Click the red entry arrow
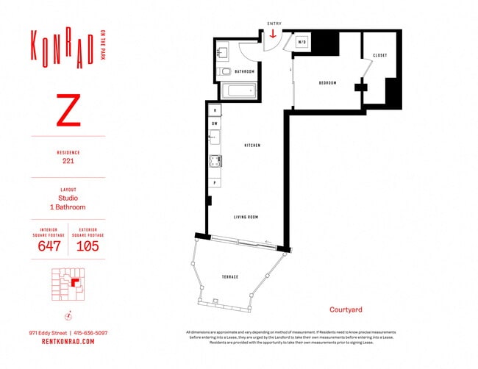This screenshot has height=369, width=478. pos(274,34)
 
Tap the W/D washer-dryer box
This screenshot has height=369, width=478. pos(302,42)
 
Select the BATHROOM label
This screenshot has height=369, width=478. pos(244,71)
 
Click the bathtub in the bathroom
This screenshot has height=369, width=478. pos(238,91)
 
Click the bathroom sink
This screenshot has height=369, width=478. pos(224,51)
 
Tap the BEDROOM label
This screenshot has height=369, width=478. pos(327,83)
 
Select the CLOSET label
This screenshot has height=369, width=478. pos(379,56)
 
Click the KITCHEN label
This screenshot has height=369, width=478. pos(252,146)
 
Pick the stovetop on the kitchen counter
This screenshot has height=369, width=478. pos(215,162)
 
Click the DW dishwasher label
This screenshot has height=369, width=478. pos(215,123)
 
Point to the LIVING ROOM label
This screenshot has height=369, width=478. pos(246,217)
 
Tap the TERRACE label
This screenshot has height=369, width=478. pos(230,276)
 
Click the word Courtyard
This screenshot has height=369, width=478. pos(345,309)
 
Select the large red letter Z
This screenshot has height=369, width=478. pos(68,110)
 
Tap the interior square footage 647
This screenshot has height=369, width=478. pos(49,246)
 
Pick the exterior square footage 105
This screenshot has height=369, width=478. pos(88,246)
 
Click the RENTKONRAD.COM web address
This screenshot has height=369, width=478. pos(68,342)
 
